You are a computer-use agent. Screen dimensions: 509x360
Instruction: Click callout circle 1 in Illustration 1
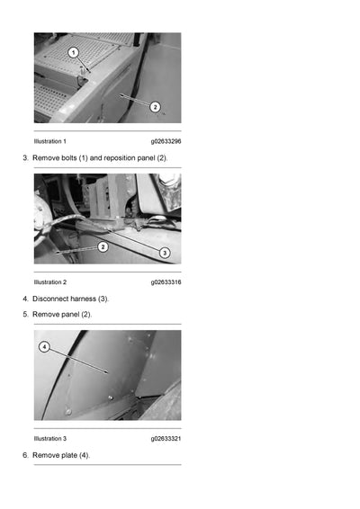click(74, 53)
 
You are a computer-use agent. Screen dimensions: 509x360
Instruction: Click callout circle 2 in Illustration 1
click(155, 106)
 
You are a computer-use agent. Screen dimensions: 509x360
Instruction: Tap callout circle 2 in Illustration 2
click(103, 246)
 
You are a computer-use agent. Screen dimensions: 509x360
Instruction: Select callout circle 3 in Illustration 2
click(165, 253)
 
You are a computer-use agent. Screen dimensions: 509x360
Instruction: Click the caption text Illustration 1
click(49, 141)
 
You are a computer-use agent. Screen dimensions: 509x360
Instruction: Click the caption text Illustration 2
click(49, 282)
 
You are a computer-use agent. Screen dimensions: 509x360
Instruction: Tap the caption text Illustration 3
click(49, 439)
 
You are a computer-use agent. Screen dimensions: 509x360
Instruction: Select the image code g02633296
click(166, 141)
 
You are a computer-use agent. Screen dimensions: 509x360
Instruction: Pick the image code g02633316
click(166, 282)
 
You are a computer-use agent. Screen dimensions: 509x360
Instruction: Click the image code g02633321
click(166, 439)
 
